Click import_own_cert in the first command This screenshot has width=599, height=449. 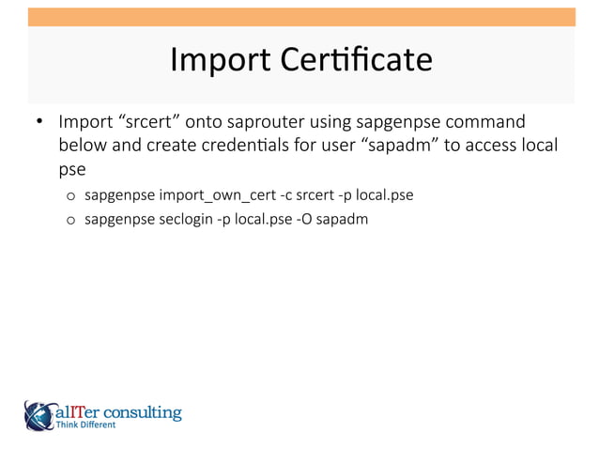(217, 195)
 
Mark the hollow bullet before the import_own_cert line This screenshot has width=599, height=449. (70, 196)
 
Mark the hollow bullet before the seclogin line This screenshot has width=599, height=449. (70, 220)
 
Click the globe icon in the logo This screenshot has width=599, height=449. (40, 413)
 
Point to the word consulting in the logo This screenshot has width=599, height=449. (147, 411)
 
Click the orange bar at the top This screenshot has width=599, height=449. (300, 17)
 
